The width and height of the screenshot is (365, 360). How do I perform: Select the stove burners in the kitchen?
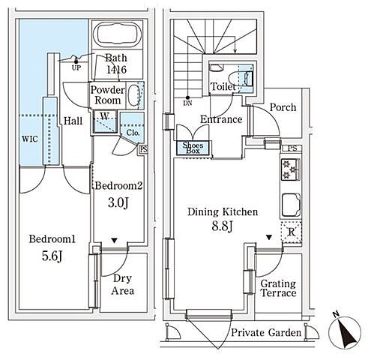coord(290,169)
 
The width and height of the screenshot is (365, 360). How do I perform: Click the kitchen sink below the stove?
coord(290,205)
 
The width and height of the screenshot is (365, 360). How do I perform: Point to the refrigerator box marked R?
coord(292,232)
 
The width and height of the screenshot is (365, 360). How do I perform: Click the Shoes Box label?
coord(193,148)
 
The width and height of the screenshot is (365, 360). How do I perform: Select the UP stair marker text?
coord(76,67)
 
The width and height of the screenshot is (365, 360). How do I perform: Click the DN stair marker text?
coord(187,103)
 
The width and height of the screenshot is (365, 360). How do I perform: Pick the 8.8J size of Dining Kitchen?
coord(223,226)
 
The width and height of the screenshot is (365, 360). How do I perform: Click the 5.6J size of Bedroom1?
coord(52,256)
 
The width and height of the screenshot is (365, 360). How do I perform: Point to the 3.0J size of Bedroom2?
coord(118,202)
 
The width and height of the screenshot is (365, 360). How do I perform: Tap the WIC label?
coord(30,139)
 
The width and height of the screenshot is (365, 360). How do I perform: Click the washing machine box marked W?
coord(105,121)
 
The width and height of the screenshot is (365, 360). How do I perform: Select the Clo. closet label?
coord(133,133)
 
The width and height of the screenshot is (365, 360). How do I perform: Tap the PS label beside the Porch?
coord(292,148)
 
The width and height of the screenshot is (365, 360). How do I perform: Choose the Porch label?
coord(283,107)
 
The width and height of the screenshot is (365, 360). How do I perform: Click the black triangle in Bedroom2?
coord(114,241)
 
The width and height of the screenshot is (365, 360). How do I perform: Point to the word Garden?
coord(285,333)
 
